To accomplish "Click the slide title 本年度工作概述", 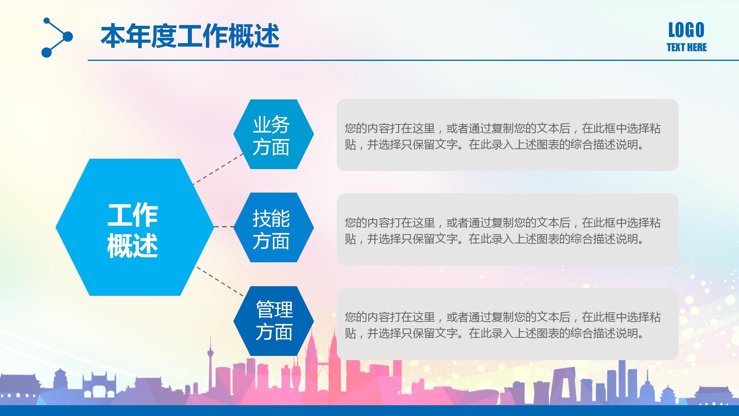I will click(190, 36).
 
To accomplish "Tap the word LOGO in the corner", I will click(686, 30).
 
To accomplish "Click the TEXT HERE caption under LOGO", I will click(686, 47).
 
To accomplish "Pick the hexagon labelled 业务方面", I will click(273, 134).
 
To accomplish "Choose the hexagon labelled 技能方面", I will click(273, 227).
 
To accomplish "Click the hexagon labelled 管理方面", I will click(273, 321).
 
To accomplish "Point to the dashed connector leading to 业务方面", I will click(218, 169).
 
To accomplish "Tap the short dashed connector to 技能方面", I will click(224, 227).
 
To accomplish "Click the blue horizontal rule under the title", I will click(412, 60).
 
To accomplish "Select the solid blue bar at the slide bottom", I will click(369, 411).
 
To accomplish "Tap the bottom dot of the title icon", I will click(46, 52).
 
